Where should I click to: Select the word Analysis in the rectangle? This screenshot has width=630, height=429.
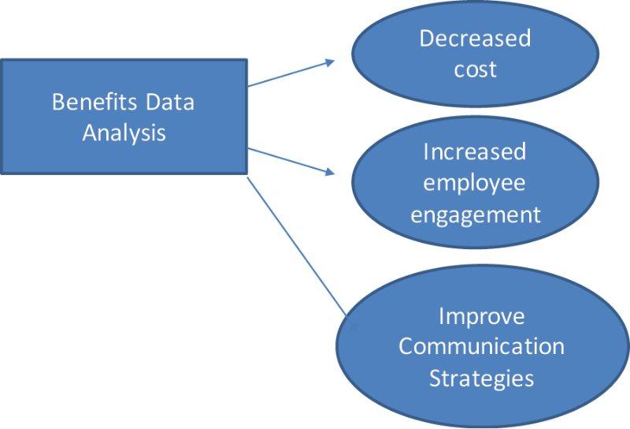124,132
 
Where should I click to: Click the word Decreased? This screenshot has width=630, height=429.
475,38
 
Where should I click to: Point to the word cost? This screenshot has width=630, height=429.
475,69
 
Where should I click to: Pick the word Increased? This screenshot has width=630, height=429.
474,151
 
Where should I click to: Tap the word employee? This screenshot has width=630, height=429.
474,182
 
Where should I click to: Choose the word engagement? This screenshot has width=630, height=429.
474,214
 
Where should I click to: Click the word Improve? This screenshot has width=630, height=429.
481,316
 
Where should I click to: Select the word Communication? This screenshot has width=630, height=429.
481,346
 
